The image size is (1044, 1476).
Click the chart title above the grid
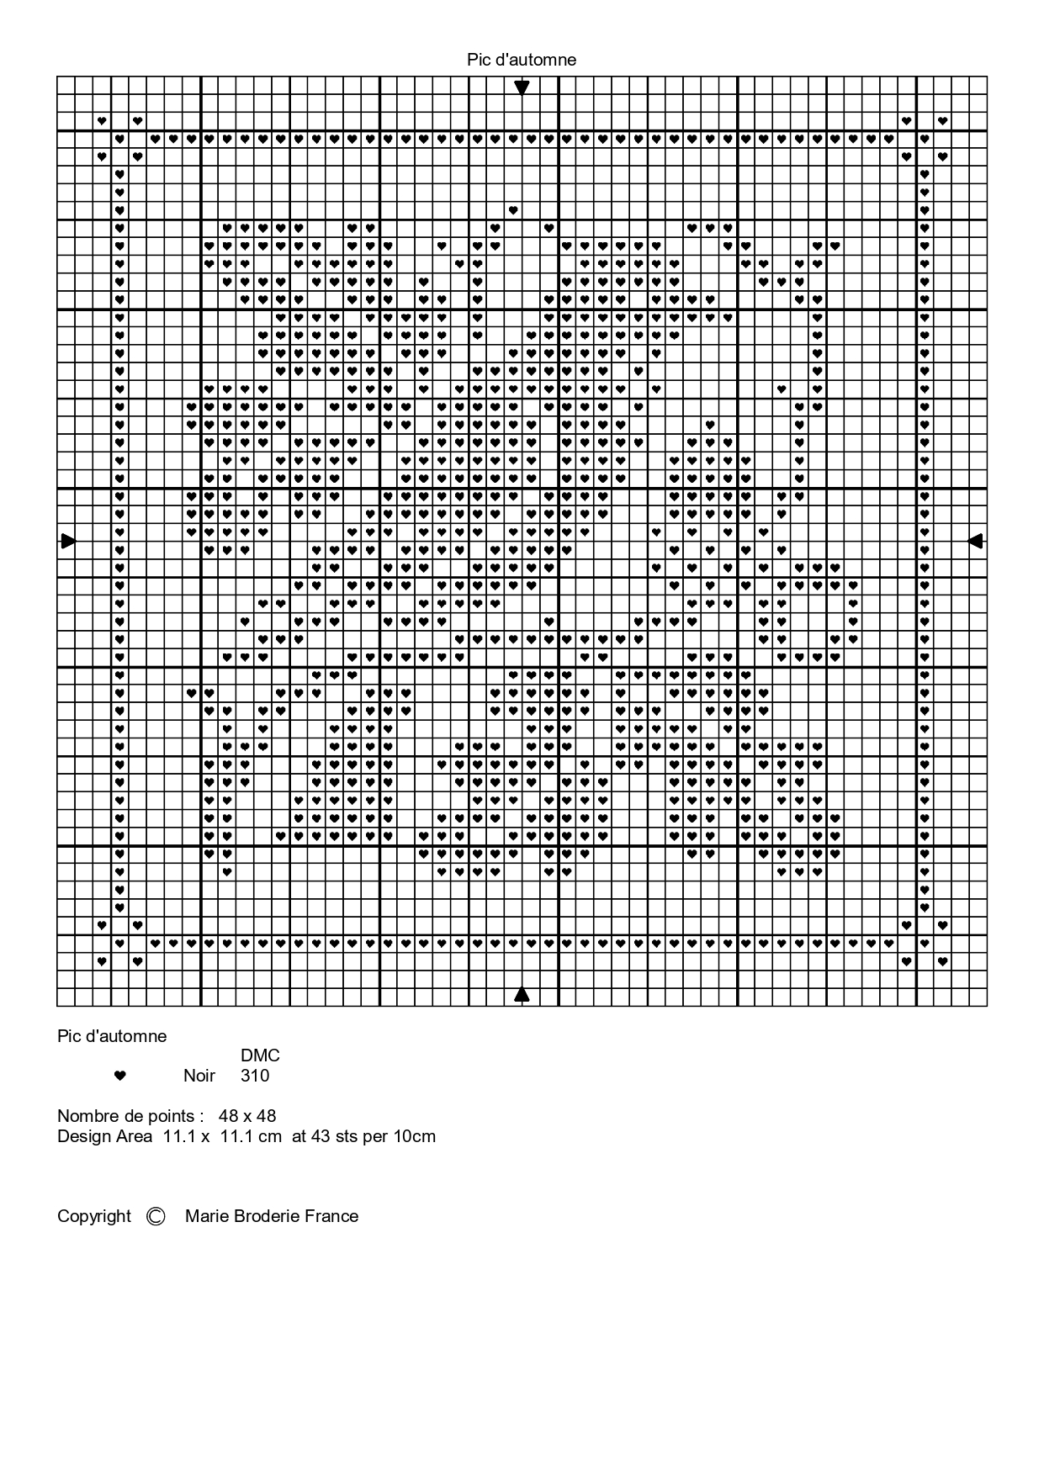(522, 60)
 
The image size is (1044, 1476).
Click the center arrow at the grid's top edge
(522, 87)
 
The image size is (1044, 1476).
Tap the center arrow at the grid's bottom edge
(522, 995)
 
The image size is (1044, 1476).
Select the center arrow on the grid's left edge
(68, 541)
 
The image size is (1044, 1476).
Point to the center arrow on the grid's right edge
(976, 541)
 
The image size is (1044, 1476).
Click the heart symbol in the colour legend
(119, 1076)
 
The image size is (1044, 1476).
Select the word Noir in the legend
(199, 1076)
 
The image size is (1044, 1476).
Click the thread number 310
(255, 1076)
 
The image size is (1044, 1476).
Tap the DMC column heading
(260, 1055)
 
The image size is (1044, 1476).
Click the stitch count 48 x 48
(247, 1116)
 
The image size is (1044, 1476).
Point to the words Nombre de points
(130, 1116)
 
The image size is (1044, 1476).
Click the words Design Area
(104, 1137)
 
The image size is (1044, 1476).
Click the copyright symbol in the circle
(156, 1216)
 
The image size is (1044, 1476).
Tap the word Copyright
(94, 1216)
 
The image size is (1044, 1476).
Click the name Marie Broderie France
(272, 1216)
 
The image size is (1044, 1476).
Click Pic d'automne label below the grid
(112, 1036)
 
